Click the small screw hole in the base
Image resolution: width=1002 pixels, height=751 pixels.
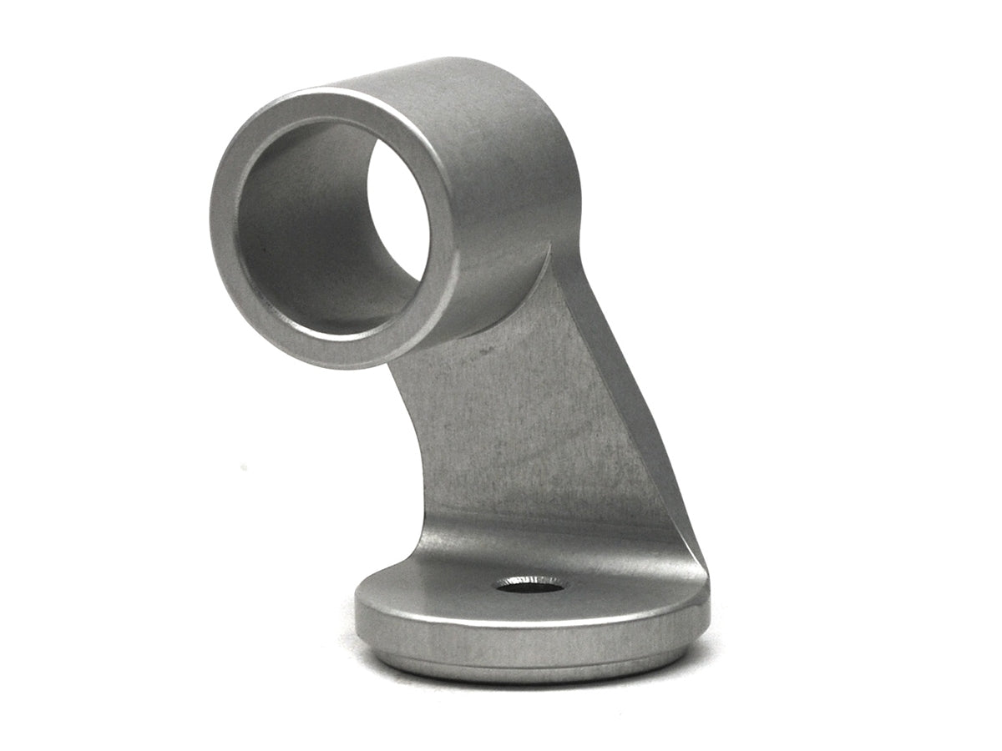529,585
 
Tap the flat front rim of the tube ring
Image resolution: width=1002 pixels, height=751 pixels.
225,250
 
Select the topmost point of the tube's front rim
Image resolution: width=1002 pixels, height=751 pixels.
334,90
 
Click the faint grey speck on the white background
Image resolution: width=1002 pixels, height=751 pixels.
243,466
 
